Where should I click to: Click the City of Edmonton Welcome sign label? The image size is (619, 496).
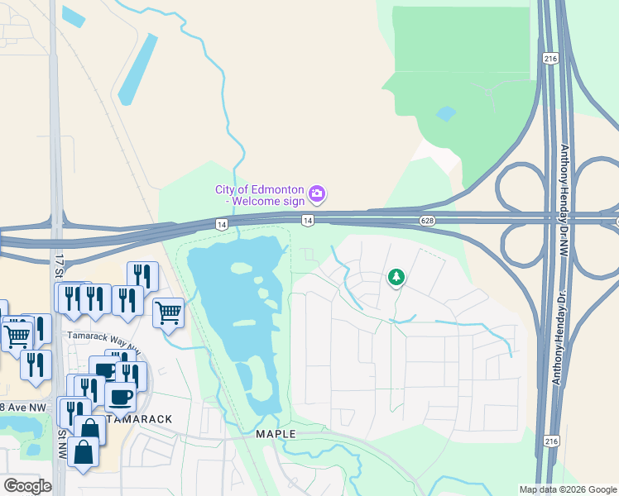260,195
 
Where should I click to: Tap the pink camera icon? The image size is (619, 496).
317,195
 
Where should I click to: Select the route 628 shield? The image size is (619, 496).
427,221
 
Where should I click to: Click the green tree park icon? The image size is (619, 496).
396,277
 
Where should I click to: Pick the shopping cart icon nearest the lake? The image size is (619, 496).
168,312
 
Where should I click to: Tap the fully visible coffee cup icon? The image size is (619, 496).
121,396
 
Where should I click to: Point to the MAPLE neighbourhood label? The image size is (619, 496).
276,433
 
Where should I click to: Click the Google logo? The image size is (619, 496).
28,486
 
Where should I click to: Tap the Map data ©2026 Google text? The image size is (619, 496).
568,489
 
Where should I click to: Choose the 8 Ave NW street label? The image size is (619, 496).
25,407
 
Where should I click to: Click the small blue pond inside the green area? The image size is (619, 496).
445,113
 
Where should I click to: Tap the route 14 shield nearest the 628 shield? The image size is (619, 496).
307,220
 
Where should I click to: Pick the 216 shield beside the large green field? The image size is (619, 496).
550,58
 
